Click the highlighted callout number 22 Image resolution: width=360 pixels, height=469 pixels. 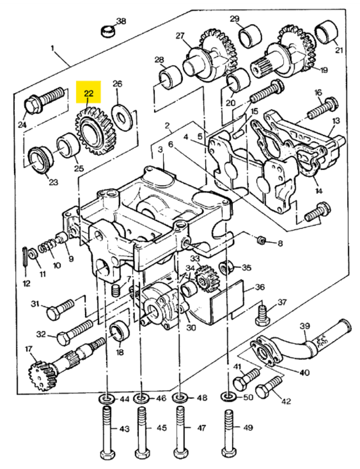point(89,93)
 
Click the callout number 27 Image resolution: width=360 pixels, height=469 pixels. point(180,35)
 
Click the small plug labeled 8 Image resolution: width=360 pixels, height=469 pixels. point(263,239)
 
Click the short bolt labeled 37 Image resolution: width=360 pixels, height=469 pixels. point(262,316)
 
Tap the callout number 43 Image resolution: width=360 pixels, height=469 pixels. point(124,430)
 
